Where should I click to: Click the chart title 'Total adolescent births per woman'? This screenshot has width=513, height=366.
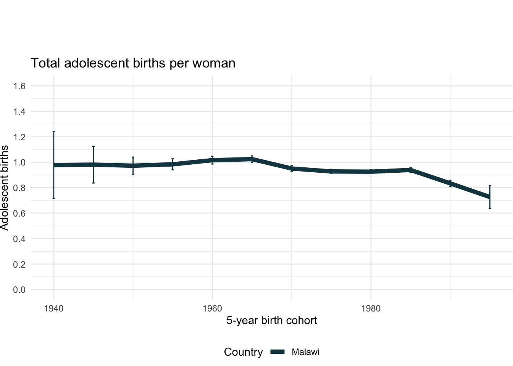pyautogui.click(x=133, y=63)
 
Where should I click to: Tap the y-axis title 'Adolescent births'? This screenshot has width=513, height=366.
pyautogui.click(x=5, y=188)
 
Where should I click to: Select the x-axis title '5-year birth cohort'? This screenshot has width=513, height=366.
pyautogui.click(x=271, y=320)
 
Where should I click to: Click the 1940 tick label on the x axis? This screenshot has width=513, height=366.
pyautogui.click(x=53, y=308)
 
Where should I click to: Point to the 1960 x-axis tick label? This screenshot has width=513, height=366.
pyautogui.click(x=212, y=308)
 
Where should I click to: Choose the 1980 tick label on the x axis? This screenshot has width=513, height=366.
pyautogui.click(x=371, y=308)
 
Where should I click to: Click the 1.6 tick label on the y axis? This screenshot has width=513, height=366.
pyautogui.click(x=19, y=86)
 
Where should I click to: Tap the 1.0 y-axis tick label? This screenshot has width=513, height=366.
pyautogui.click(x=19, y=162)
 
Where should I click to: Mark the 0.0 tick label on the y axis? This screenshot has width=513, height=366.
pyautogui.click(x=19, y=290)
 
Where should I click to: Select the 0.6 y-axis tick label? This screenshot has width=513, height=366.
pyautogui.click(x=19, y=213)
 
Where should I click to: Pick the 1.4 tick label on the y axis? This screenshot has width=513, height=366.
pyautogui.click(x=19, y=112)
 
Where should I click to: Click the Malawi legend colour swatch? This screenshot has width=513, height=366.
pyautogui.click(x=278, y=352)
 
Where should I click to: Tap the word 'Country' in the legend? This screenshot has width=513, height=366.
pyautogui.click(x=243, y=352)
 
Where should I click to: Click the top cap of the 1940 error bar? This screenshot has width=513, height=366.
pyautogui.click(x=53, y=132)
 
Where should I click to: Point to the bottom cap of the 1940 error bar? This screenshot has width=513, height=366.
pyautogui.click(x=53, y=198)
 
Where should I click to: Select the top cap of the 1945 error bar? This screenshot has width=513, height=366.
pyautogui.click(x=93, y=146)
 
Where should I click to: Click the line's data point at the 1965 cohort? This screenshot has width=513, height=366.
pyautogui.click(x=252, y=159)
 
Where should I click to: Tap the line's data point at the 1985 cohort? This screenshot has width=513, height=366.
pyautogui.click(x=410, y=170)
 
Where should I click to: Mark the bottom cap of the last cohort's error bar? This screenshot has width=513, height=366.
pyautogui.click(x=490, y=209)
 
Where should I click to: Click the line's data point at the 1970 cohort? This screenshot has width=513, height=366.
pyautogui.click(x=292, y=169)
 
